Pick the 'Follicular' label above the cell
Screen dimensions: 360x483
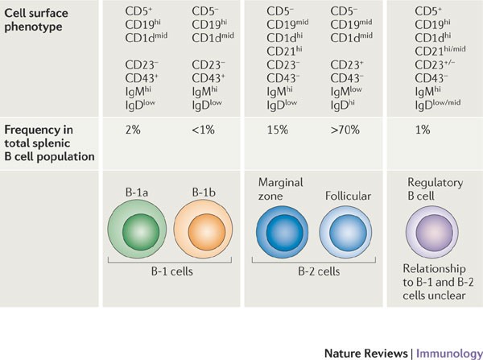(348, 196)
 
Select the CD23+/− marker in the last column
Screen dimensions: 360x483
(439, 64)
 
